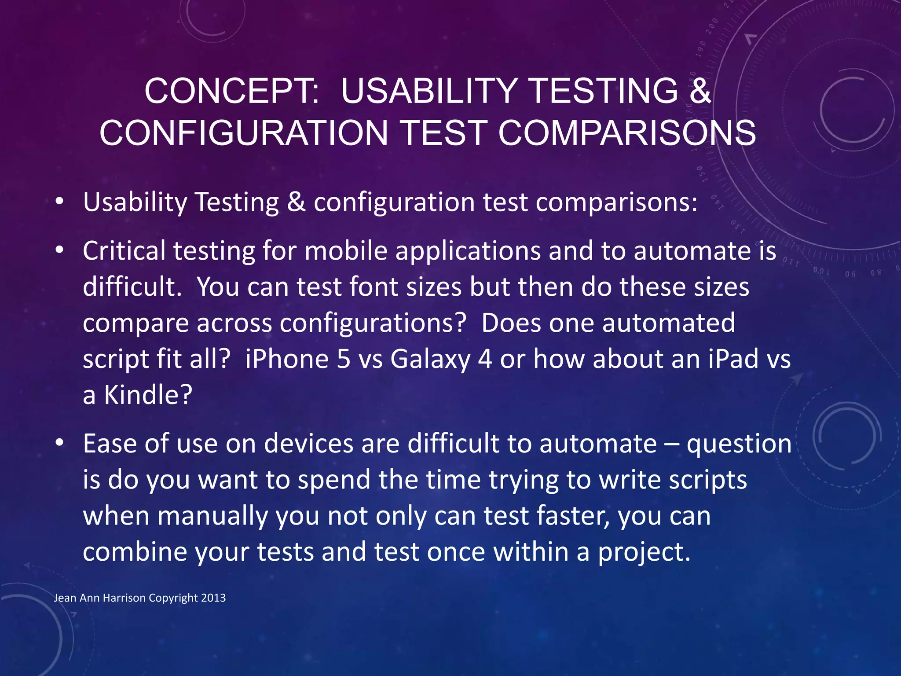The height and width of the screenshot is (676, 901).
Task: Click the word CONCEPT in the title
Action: click(x=232, y=91)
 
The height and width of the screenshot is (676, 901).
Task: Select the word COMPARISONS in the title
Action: click(x=627, y=133)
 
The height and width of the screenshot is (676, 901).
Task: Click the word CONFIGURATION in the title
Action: click(x=243, y=133)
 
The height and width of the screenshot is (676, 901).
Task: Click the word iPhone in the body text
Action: click(x=286, y=359)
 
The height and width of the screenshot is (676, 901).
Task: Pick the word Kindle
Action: click(x=148, y=395)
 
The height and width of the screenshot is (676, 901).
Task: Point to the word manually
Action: click(x=212, y=516)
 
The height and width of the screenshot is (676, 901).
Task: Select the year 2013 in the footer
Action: click(x=213, y=598)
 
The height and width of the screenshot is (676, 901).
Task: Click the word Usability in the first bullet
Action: click(x=135, y=202)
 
